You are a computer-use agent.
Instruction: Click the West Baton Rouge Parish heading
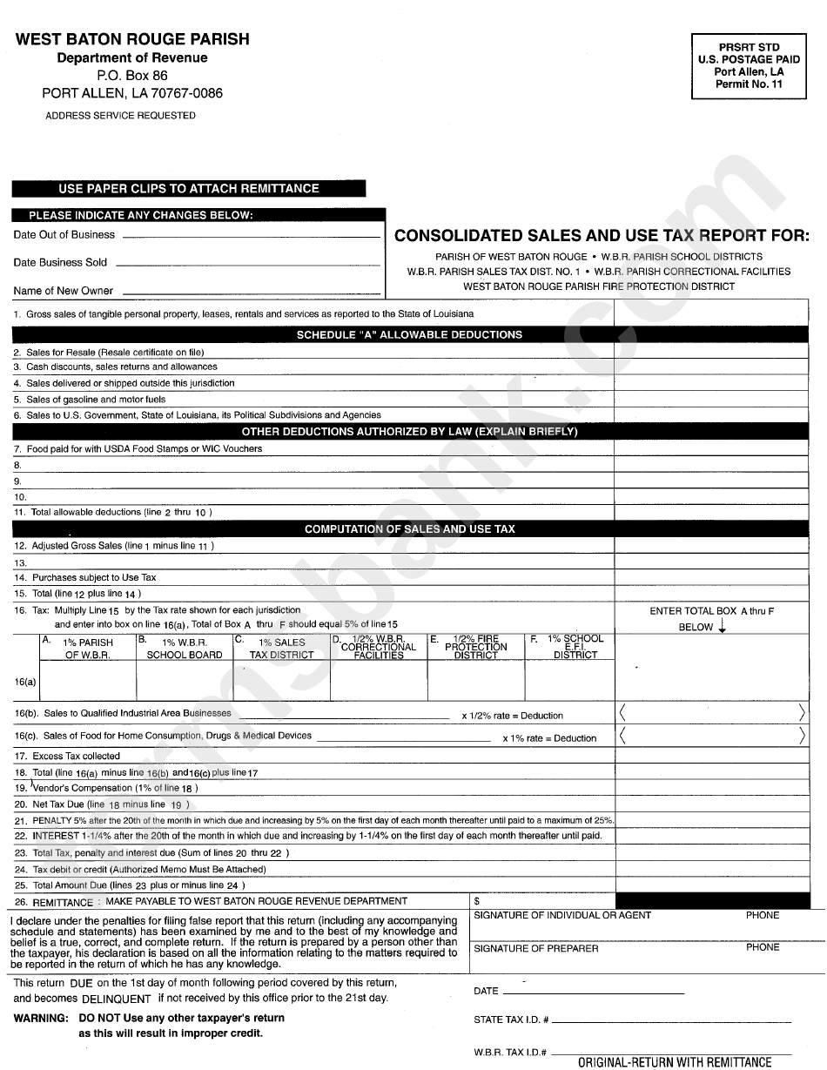coord(133,39)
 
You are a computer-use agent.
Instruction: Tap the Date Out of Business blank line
coord(251,236)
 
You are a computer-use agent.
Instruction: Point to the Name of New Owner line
coord(249,293)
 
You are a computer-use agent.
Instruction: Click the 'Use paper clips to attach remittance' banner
coord(189,189)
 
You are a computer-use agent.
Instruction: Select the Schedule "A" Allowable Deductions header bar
coord(409,334)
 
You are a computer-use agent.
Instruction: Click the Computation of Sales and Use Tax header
coord(409,528)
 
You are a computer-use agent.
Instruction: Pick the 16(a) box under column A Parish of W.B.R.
coord(87,682)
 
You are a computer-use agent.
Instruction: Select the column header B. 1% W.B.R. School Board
coord(184,648)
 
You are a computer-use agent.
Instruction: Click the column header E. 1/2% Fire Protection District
coord(475,648)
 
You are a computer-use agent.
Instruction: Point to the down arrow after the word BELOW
coord(722,627)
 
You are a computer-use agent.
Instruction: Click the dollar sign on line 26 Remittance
coord(477,901)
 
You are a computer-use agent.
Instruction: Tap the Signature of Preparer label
coord(535,948)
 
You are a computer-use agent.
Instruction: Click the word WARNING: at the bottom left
coord(41,1018)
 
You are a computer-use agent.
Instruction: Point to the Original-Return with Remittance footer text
coord(675,1062)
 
